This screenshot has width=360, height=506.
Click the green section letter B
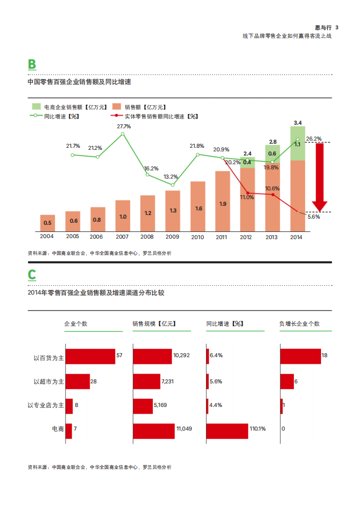pos(32,64)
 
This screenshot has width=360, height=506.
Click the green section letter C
pos(32,275)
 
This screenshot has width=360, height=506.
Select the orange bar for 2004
pos(47,223)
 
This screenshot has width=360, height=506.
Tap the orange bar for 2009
pos(173,210)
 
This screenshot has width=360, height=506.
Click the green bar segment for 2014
pos(297,143)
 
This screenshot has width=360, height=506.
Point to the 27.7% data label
pos(123,126)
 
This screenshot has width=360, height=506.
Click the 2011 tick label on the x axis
pos(221,237)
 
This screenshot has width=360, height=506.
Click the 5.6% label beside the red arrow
pos(314,217)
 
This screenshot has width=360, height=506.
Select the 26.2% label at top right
pos(313,139)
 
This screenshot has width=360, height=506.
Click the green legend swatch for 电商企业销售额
pos(36,107)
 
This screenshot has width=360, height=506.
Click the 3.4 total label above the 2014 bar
pos(298,123)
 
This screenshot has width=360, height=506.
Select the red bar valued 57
pos(90,356)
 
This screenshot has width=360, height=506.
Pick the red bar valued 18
pos(300,356)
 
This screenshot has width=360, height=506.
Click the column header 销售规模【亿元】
pos(154,324)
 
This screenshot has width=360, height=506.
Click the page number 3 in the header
pos(336,28)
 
